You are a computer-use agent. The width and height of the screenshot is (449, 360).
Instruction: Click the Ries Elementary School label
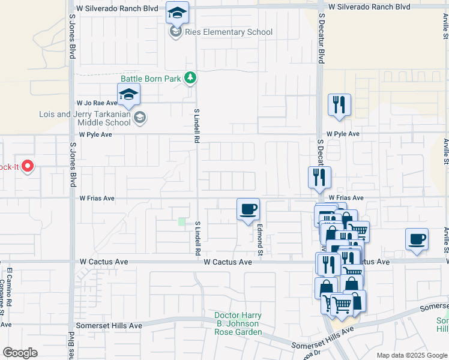click(229, 32)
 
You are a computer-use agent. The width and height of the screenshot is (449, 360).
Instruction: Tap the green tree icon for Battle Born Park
click(190, 77)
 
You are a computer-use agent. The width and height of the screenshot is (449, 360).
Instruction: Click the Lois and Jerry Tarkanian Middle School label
click(85, 118)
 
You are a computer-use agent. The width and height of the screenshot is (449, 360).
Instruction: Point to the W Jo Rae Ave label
click(96, 103)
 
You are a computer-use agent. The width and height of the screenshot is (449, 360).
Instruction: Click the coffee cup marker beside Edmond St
click(248, 209)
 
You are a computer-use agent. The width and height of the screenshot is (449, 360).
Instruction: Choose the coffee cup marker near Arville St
click(417, 239)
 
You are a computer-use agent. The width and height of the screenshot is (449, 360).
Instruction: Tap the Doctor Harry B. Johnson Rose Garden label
click(238, 323)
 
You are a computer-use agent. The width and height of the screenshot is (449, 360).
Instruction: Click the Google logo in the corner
click(20, 353)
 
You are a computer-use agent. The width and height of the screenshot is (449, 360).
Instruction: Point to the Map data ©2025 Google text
click(412, 355)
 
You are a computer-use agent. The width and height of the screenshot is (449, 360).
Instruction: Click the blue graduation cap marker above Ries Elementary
click(177, 13)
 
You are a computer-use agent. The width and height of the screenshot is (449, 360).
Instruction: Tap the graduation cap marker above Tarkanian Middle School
click(128, 94)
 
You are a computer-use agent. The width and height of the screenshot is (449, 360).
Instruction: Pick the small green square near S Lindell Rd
click(182, 222)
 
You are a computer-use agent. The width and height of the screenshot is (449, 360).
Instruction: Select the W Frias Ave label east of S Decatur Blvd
click(346, 197)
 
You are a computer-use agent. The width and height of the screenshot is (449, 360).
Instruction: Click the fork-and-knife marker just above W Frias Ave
click(319, 177)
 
